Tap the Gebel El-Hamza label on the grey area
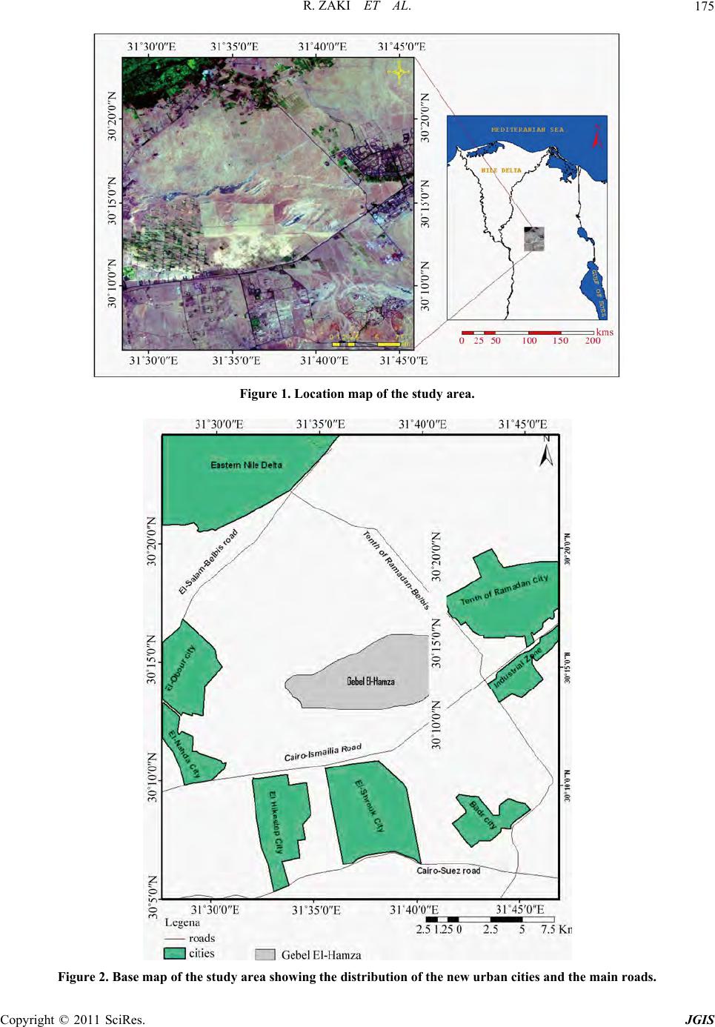pyautogui.click(x=370, y=681)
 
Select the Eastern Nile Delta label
pyautogui.click(x=246, y=465)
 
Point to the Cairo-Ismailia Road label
pyautogui.click(x=323, y=753)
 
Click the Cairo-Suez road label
pyautogui.click(x=448, y=871)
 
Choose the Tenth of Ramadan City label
pyautogui.click(x=505, y=590)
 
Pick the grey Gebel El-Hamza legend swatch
pyautogui.click(x=265, y=954)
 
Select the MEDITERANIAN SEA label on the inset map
pyautogui.click(x=527, y=130)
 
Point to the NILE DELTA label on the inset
pyautogui.click(x=502, y=170)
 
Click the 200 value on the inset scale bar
pyautogui.click(x=592, y=342)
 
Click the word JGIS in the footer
pyautogui.click(x=699, y=1019)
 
